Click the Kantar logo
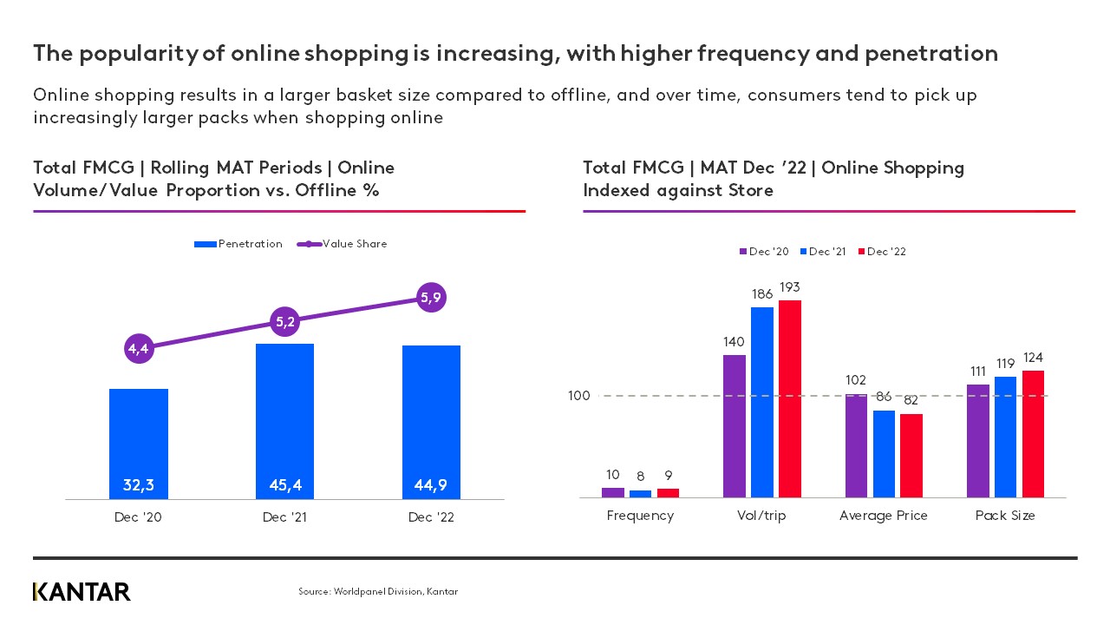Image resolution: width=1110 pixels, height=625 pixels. point(82,592)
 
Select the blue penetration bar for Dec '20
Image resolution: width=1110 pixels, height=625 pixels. point(139,443)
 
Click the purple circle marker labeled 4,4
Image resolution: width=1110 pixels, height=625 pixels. point(139,349)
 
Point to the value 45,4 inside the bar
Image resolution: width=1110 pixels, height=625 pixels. point(285,484)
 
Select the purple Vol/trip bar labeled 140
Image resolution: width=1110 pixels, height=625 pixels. point(735,425)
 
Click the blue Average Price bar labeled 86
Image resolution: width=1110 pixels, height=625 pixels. point(884,453)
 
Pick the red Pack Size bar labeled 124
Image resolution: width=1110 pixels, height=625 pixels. point(1033,433)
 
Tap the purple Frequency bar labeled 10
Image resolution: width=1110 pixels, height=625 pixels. point(613,492)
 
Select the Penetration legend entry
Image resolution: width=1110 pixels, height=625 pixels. point(239,244)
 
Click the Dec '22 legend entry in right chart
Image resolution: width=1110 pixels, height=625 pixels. point(882,252)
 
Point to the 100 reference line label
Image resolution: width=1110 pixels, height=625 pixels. point(578,396)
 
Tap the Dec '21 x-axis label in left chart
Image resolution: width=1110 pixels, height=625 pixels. point(285,517)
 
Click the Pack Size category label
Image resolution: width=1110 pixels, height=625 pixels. point(1005,516)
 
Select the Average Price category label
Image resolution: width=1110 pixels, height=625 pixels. point(883,516)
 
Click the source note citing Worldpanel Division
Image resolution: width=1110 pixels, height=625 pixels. point(378,592)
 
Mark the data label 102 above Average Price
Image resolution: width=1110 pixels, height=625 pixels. point(857,380)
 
